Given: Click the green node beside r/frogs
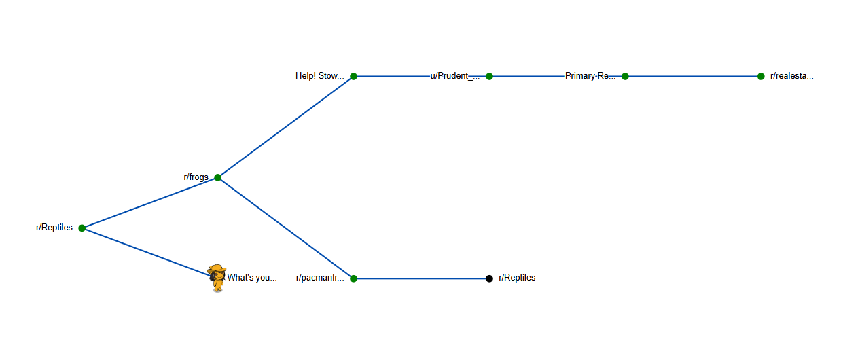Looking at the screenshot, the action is coord(217,177).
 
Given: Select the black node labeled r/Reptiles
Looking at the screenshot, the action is coord(489,278).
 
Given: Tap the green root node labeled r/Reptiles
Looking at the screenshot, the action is coord(82,228).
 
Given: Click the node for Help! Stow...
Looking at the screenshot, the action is coord(353,77).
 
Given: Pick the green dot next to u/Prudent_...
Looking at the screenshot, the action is coord(489,77).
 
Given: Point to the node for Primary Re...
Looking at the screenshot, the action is coord(625,77).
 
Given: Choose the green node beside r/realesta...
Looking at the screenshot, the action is coord(761,77).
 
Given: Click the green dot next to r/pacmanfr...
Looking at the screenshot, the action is coord(353,278).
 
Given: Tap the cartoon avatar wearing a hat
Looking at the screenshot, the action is coord(217,278).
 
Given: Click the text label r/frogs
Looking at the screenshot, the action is coord(196,177).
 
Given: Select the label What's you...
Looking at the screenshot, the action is coord(252,278).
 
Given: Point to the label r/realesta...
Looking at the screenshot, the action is coord(791,76).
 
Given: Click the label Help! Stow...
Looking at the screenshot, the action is coord(319,76).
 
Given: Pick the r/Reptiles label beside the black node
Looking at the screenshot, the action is coord(517,278).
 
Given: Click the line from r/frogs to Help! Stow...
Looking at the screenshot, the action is coord(285,127).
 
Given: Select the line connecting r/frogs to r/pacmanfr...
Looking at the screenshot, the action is coord(285,228).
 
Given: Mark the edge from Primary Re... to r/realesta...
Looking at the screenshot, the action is coord(693,77).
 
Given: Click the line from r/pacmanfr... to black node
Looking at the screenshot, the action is coord(421,278).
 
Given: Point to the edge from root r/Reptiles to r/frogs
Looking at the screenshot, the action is coord(149,203).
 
